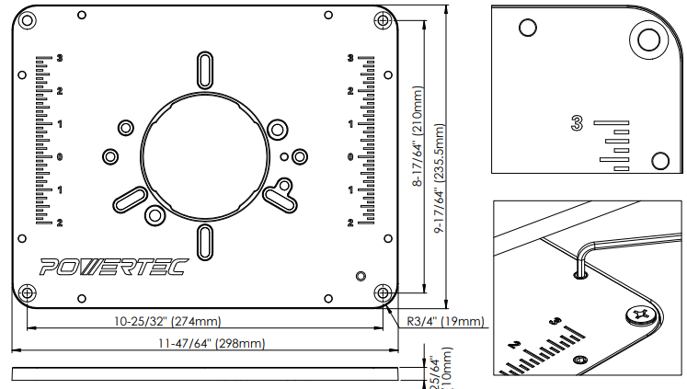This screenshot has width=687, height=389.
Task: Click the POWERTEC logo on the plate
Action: point(112,268)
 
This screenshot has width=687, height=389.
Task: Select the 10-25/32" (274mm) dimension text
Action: point(166,321)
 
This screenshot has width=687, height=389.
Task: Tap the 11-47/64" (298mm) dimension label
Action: point(211,344)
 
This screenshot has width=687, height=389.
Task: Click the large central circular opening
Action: point(204,155)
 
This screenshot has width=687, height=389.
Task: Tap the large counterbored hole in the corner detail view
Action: point(647,39)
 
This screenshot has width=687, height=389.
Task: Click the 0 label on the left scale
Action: point(60,156)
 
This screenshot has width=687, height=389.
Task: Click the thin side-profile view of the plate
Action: point(206,372)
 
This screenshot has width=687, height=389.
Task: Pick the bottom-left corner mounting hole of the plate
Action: point(27,292)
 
